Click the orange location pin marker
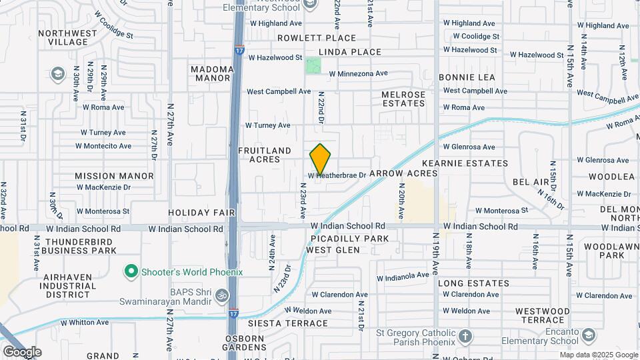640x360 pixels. coord(321,160)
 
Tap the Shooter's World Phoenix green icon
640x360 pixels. coord(131,272)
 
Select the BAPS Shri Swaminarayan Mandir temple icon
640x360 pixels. coord(222,294)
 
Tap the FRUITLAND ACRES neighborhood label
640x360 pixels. coord(265,155)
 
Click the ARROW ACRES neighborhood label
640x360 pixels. coord(403,173)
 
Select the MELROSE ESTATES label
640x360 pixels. coord(403,99)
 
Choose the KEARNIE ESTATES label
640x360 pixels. coord(465,163)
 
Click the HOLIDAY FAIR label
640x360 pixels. coord(202,213)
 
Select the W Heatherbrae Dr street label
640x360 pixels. coord(337,175)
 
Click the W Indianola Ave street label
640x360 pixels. coord(404,275)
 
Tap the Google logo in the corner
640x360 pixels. coord(22,351)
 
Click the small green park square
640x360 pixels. coord(313,67)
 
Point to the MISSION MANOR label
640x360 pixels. coord(114,176)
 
